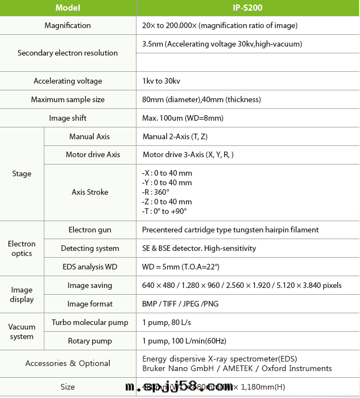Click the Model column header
click(x=68, y=8)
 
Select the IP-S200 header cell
click(x=248, y=8)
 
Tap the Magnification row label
click(x=68, y=25)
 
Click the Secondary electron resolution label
click(x=68, y=53)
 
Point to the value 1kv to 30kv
click(x=161, y=81)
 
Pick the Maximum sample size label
click(x=68, y=99)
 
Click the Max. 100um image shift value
click(x=183, y=118)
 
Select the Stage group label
click(x=22, y=173)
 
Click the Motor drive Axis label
click(x=90, y=154)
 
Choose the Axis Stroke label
click(x=90, y=192)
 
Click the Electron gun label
click(x=90, y=230)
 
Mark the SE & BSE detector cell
click(x=199, y=248)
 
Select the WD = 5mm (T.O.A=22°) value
click(x=181, y=267)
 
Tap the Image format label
click(x=90, y=304)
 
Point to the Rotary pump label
click(x=90, y=341)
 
